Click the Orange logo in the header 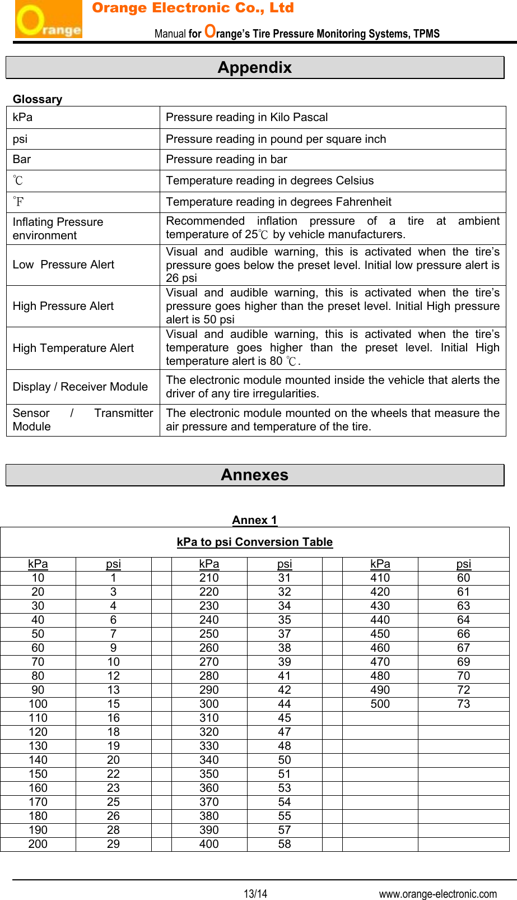48,20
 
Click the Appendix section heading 255,68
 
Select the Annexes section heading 255,475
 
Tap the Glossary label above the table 38,99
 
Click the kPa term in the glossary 23,117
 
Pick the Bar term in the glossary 22,159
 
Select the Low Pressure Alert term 63,265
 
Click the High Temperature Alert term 73,348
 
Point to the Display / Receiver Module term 80,387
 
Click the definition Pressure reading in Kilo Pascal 247,117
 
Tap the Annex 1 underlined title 255,520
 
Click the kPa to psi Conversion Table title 255,542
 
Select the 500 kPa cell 380,704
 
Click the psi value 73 464,704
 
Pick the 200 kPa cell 38,844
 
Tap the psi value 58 285,844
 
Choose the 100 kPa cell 38,704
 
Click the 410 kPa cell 380,578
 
